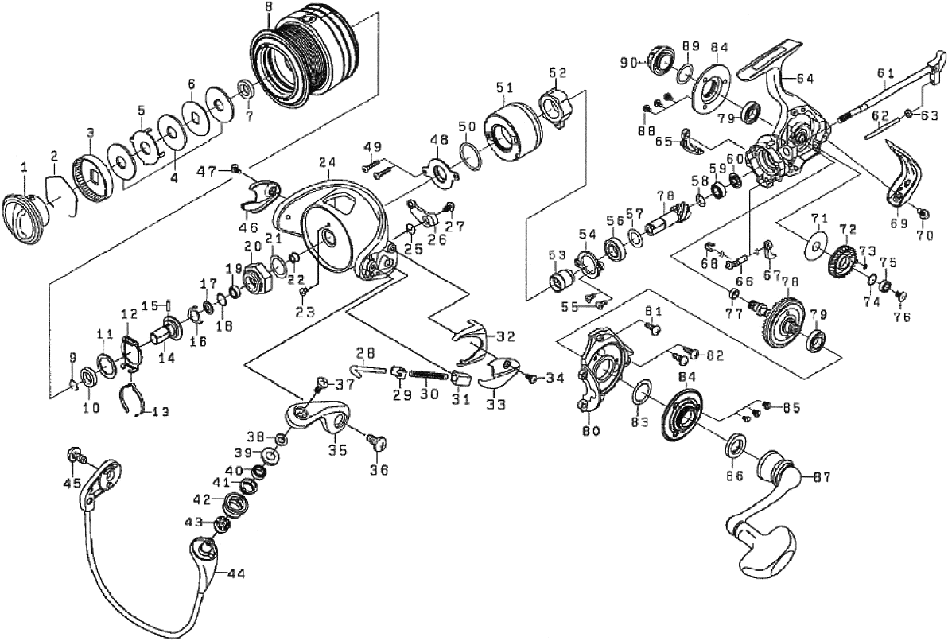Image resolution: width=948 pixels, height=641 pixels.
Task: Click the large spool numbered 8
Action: click(306, 60)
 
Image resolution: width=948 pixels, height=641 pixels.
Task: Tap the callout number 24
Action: click(324, 162)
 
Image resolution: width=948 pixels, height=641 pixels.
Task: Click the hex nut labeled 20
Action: click(255, 279)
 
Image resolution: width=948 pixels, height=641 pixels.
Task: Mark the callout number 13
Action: click(160, 411)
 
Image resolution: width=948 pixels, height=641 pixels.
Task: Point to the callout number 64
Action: click(805, 78)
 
